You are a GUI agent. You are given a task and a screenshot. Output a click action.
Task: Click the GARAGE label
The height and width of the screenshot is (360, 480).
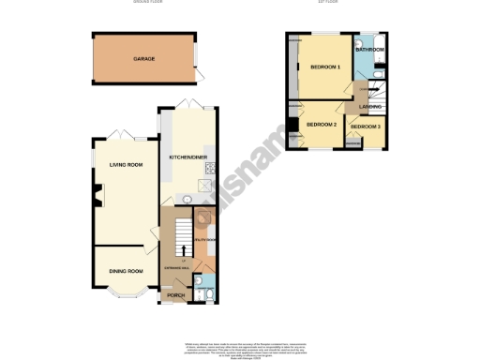[x=143, y=59]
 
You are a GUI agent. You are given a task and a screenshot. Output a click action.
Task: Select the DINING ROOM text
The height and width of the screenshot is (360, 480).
[x=126, y=271]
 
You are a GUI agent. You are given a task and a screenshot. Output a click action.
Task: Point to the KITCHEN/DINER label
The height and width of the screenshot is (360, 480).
[x=188, y=157]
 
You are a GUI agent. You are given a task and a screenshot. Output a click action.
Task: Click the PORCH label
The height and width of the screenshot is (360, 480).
[x=174, y=294]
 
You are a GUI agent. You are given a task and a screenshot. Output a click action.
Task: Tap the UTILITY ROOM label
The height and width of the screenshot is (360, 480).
[x=205, y=240]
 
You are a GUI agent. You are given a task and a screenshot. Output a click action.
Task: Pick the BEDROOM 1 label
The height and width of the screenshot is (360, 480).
[x=325, y=67]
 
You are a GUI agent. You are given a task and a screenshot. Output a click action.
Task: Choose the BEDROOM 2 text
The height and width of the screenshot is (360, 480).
[x=322, y=125]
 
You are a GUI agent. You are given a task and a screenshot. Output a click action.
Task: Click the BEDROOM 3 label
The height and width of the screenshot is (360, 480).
[x=366, y=126]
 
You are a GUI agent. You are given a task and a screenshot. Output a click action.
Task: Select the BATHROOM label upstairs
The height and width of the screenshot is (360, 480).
[x=369, y=49]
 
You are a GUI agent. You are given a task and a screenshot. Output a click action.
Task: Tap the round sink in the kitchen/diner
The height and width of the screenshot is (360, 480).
[x=186, y=199]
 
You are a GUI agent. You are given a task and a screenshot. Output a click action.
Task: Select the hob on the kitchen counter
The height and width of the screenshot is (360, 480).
[x=211, y=170]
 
